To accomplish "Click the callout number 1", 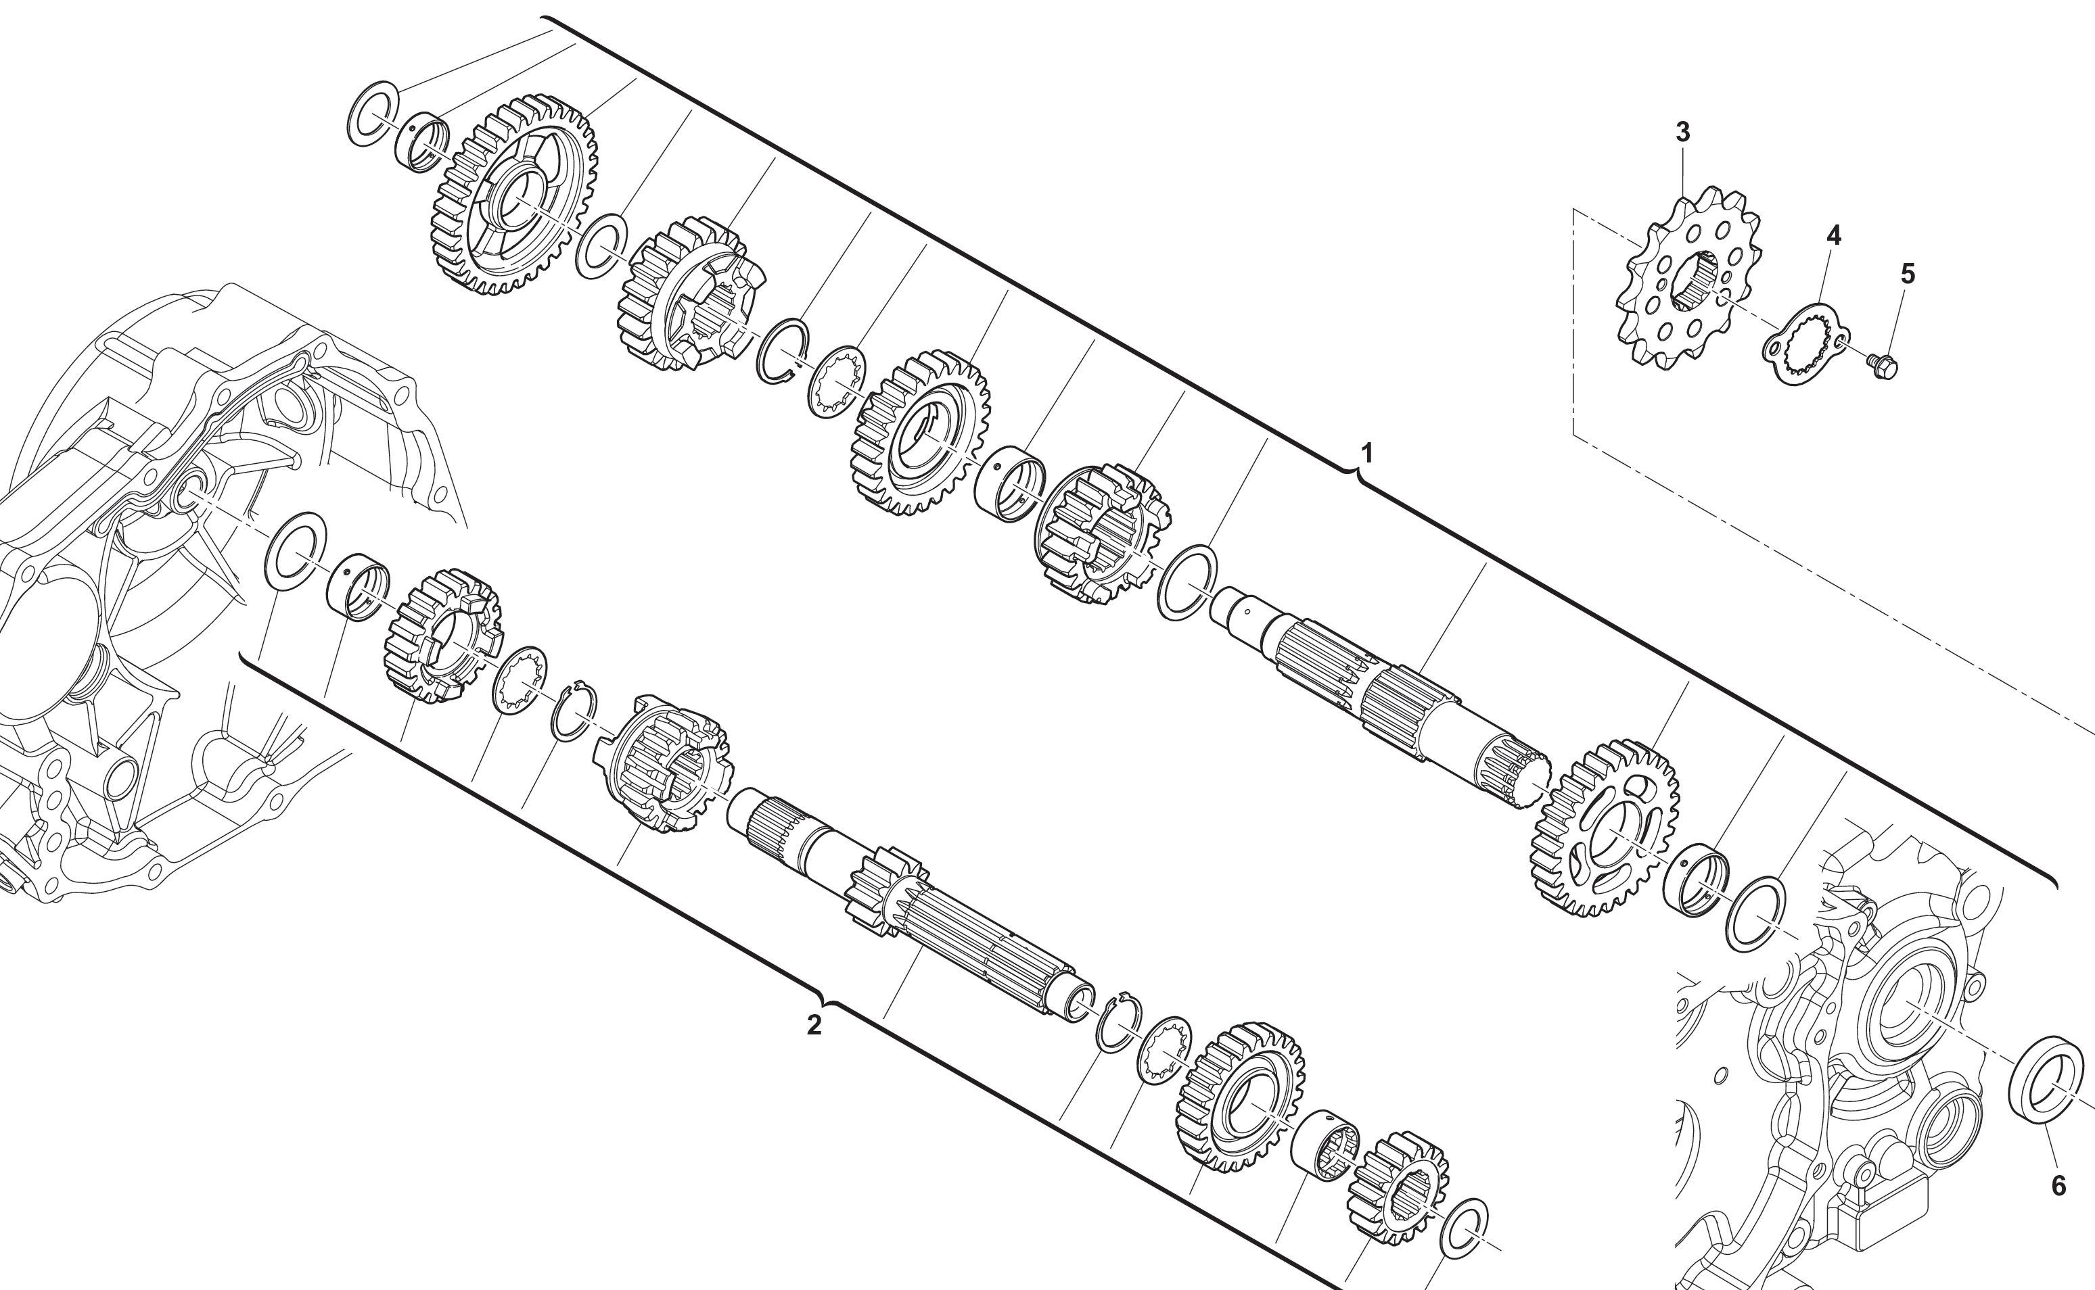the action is point(1366,452).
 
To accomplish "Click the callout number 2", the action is point(814,1025).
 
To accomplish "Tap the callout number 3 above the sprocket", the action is point(1682,133).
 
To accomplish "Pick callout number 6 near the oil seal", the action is point(2058,1185).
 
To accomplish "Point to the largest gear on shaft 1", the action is point(511,195).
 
